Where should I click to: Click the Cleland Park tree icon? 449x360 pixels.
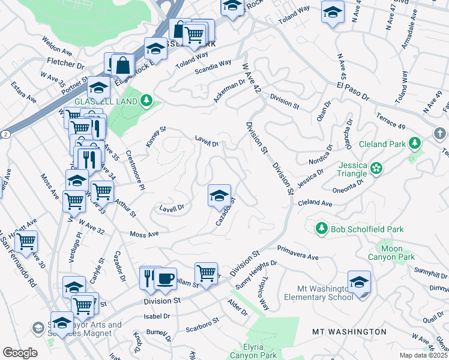(x=414, y=143)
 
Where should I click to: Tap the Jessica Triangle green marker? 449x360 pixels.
(x=376, y=167)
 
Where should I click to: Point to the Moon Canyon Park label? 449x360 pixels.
(x=398, y=253)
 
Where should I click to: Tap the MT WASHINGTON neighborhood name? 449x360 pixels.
(x=349, y=331)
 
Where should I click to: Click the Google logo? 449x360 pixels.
(x=20, y=353)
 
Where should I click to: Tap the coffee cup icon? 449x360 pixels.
(x=165, y=277)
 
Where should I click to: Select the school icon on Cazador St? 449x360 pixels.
(x=219, y=195)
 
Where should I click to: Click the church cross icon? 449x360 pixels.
(x=439, y=133)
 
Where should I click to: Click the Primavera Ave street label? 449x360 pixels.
(x=298, y=252)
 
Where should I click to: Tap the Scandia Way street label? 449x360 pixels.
(x=213, y=67)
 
